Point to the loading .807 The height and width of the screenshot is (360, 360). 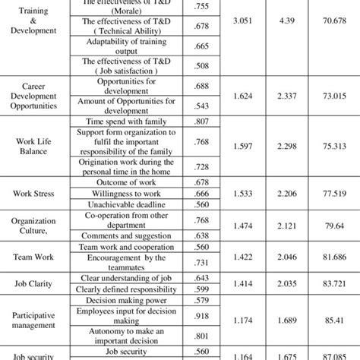coord(180,121)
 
